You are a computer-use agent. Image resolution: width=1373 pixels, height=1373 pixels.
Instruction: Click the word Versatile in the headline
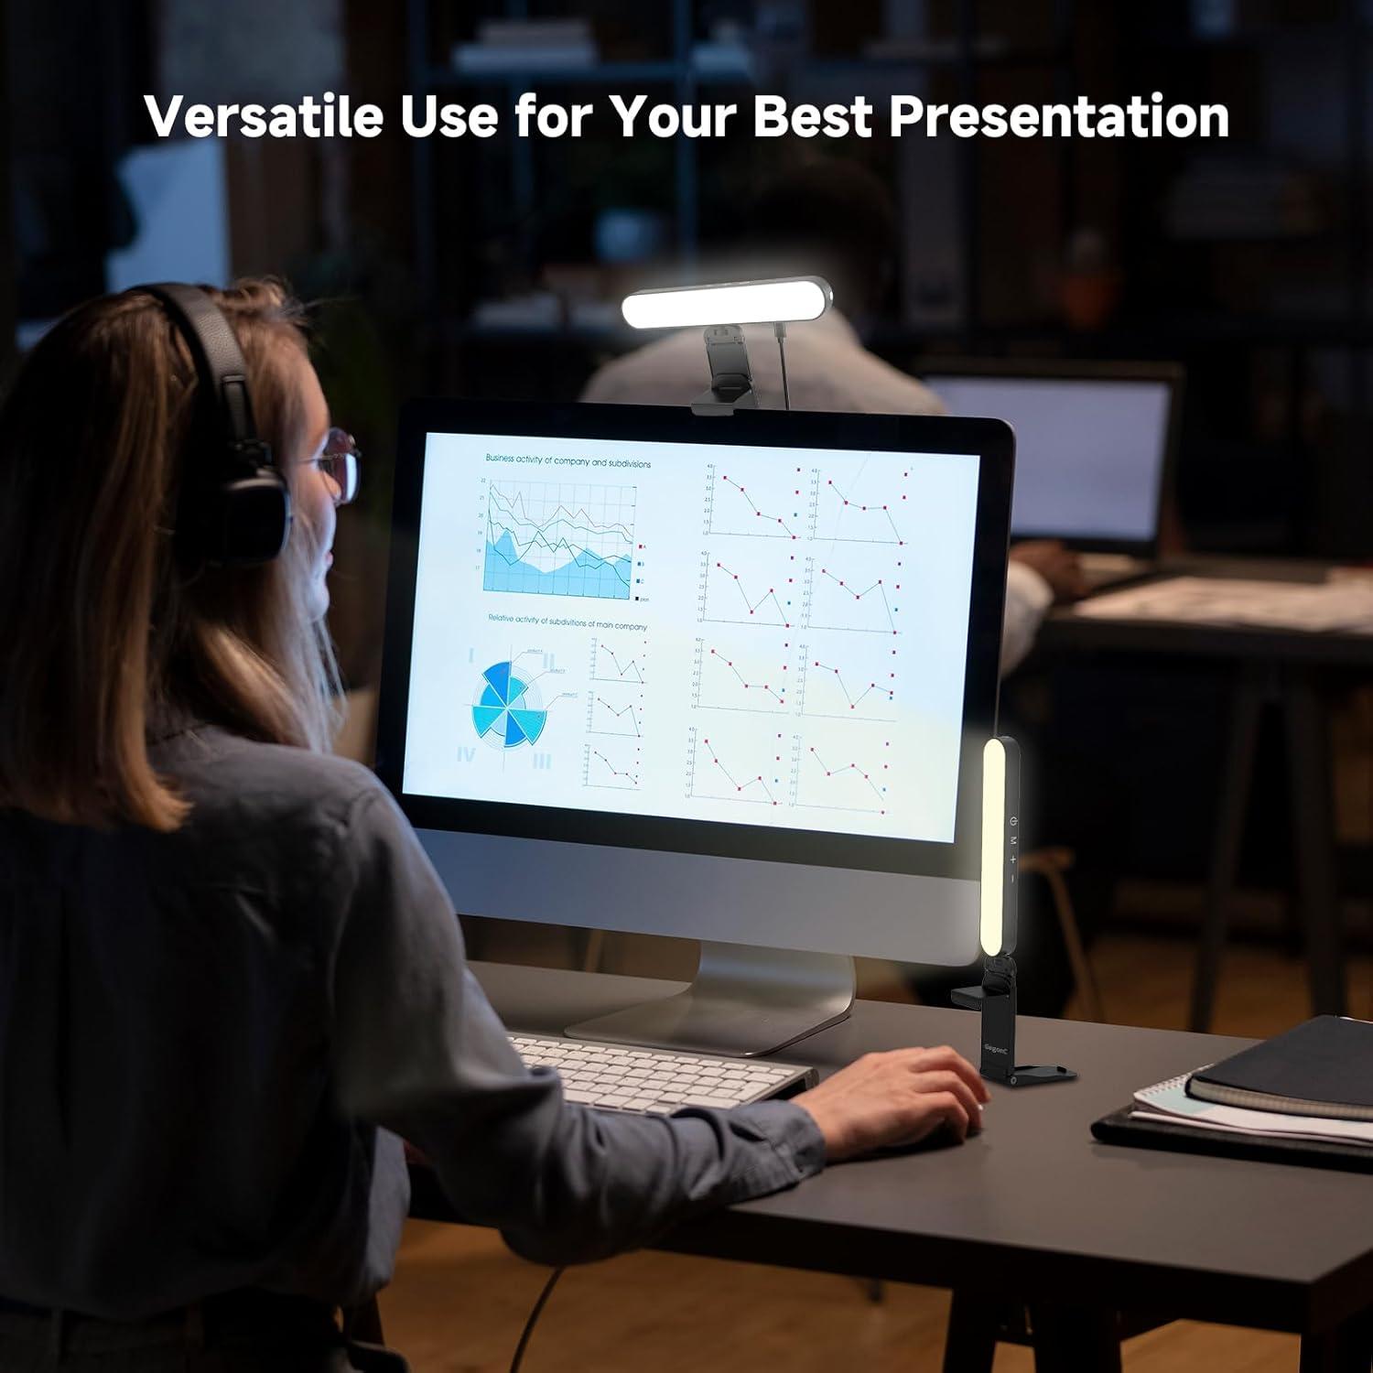click(264, 116)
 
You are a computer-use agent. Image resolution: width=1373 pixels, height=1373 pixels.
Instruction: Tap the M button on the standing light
click(1013, 839)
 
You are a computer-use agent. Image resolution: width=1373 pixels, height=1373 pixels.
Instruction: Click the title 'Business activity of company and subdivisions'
click(568, 461)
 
